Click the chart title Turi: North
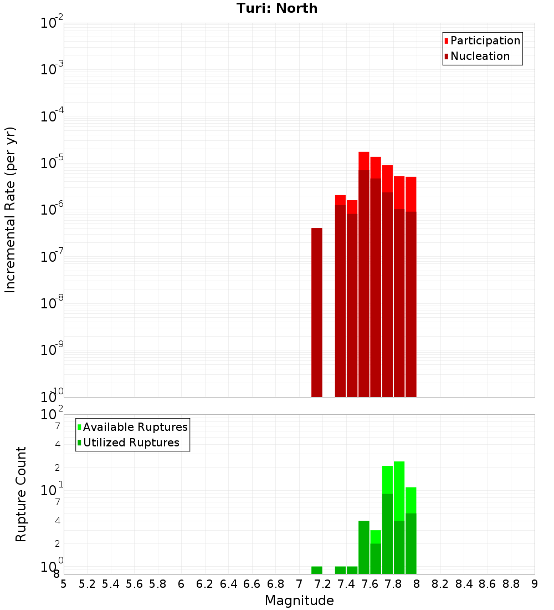(277, 8)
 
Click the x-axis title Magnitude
(299, 601)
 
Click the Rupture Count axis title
(21, 494)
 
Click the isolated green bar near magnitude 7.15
(317, 570)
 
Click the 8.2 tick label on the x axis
(440, 584)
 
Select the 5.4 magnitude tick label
(111, 584)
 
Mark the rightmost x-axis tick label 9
(535, 584)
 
